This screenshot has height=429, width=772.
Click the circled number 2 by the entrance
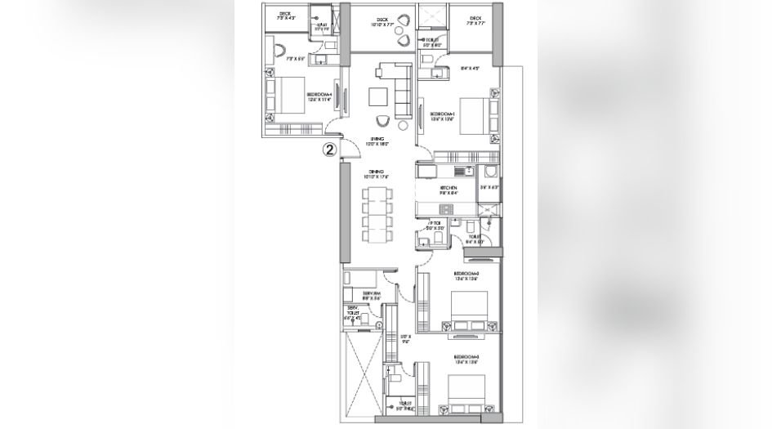(x=328, y=150)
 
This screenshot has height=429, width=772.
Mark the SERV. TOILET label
(x=352, y=312)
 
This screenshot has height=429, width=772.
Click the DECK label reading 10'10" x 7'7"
(x=382, y=20)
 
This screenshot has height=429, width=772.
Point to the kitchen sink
(x=465, y=172)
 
